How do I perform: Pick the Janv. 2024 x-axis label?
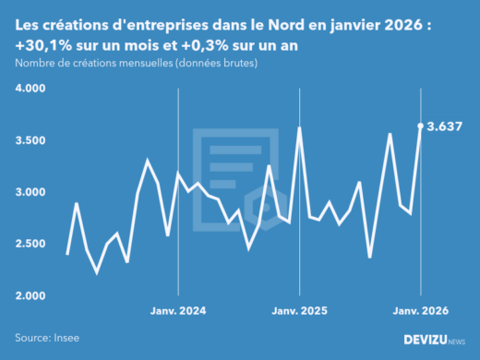178,311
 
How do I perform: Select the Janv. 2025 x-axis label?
300,311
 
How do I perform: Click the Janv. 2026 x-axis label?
421,311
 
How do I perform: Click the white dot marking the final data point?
421,126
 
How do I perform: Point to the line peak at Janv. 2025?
300,128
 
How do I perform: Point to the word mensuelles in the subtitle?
138,63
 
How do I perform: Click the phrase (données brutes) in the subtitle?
218,63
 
